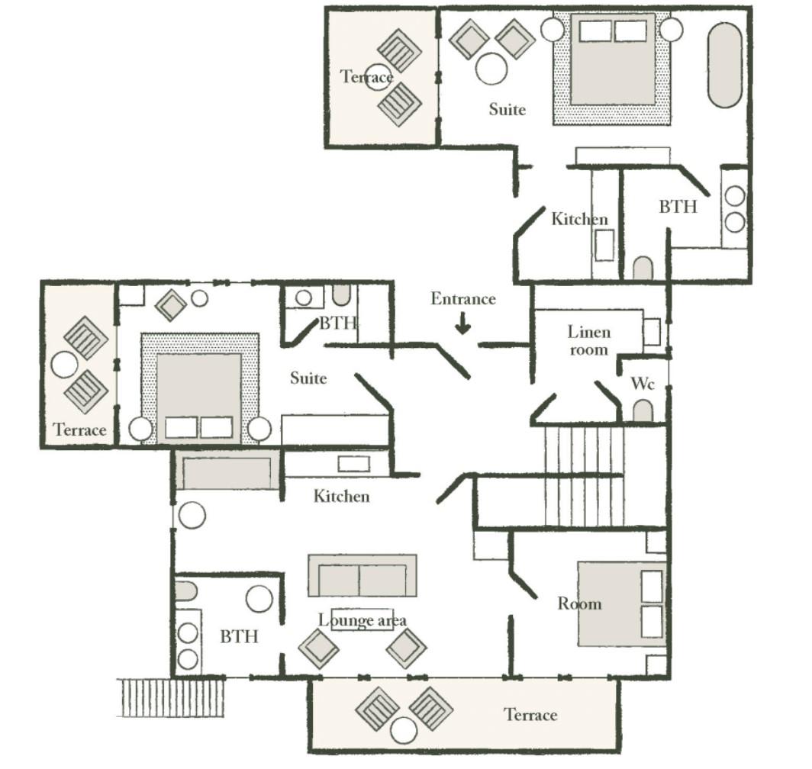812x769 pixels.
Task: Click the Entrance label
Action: [x=463, y=299]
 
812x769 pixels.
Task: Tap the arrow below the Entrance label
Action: [x=463, y=325]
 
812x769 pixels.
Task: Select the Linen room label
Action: [x=589, y=341]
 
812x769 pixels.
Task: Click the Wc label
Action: [x=643, y=384]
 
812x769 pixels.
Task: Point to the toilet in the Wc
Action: [x=643, y=411]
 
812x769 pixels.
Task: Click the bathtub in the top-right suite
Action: [x=724, y=66]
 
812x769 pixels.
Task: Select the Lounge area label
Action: [x=362, y=620]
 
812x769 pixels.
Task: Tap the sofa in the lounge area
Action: [x=362, y=576]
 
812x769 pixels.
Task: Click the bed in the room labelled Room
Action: [x=621, y=604]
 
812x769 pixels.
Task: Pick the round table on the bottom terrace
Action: [x=404, y=731]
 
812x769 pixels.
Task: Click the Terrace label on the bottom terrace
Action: [x=531, y=715]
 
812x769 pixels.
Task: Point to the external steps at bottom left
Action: [x=172, y=697]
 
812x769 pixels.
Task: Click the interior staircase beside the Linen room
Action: [x=584, y=475]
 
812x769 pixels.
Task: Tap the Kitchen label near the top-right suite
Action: [x=579, y=219]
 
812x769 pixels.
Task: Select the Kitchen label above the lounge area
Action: [x=342, y=496]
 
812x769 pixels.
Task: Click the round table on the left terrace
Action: [x=65, y=364]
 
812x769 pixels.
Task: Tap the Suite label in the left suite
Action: [x=308, y=378]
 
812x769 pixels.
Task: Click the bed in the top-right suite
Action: [x=612, y=67]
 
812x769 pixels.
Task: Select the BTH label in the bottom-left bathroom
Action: [x=239, y=636]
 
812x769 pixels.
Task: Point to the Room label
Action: [x=579, y=603]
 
